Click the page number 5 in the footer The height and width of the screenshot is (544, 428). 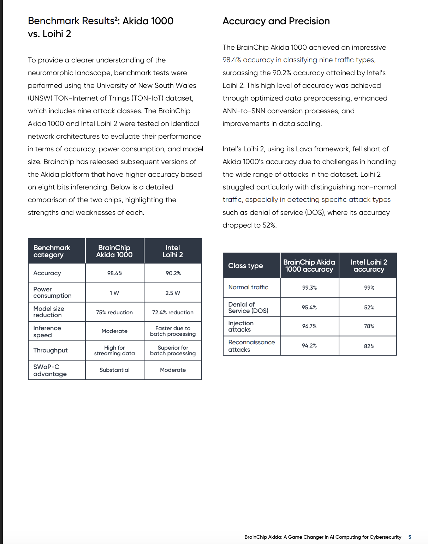click(410, 537)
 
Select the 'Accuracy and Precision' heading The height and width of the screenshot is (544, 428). click(276, 21)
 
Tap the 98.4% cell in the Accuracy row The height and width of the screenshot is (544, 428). click(115, 273)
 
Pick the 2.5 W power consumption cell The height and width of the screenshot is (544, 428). click(173, 293)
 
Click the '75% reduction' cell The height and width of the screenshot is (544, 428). click(114, 312)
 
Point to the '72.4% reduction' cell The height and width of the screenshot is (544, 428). click(173, 312)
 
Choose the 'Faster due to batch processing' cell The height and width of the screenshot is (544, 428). click(173, 331)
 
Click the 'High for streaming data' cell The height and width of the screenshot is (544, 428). click(114, 350)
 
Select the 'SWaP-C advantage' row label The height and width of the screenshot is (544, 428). click(50, 370)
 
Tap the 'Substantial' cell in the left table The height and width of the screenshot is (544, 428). click(114, 370)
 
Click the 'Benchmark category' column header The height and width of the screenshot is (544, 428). click(52, 251)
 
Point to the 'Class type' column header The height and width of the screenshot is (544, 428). click(245, 266)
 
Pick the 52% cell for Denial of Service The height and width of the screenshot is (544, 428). click(369, 307)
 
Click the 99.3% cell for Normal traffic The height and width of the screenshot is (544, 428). click(309, 288)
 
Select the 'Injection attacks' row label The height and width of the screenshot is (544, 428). click(241, 326)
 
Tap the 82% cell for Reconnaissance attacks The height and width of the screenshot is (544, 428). click(369, 346)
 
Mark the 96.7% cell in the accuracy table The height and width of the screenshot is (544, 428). click(309, 326)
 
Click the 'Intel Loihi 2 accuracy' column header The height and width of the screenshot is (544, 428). click(369, 266)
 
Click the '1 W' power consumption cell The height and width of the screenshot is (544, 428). click(114, 293)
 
